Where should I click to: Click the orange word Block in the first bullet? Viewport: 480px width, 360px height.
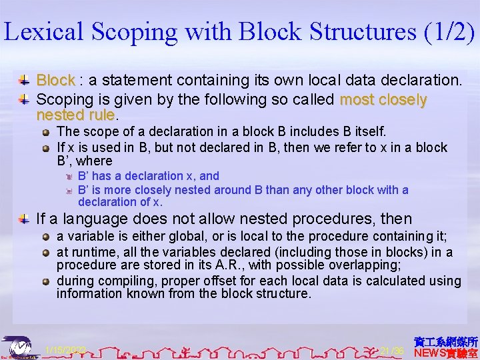point(55,81)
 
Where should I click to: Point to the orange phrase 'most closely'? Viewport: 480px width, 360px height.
point(383,100)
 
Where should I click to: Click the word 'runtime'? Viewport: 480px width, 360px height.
point(91,252)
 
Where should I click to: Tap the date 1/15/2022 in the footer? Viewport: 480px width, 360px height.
point(65,350)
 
